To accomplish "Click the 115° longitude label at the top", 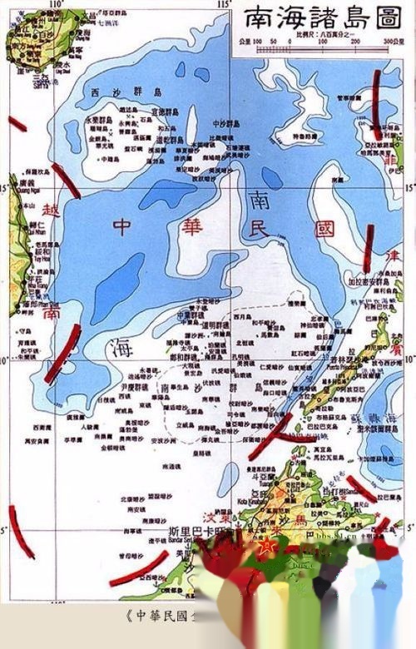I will pyautogui.click(x=222, y=5).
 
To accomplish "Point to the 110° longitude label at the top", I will pyautogui.click(x=57, y=5).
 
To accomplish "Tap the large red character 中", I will pyautogui.click(x=122, y=226).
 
